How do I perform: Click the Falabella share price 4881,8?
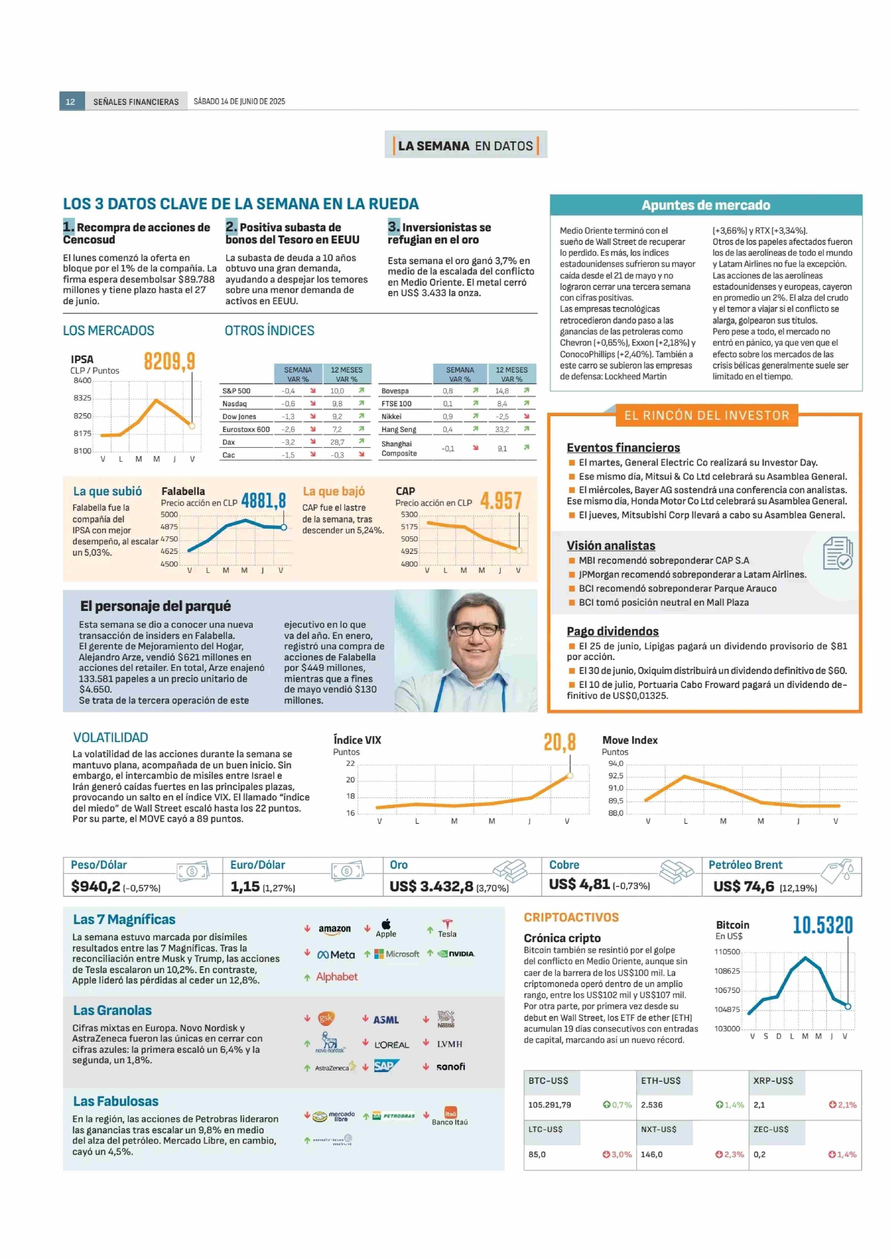[x=263, y=500]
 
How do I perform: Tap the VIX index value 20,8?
[x=560, y=742]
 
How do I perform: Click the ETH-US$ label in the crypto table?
[x=661, y=1080]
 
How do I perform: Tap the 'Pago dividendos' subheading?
[x=613, y=632]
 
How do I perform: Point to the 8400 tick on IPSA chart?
[x=83, y=380]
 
